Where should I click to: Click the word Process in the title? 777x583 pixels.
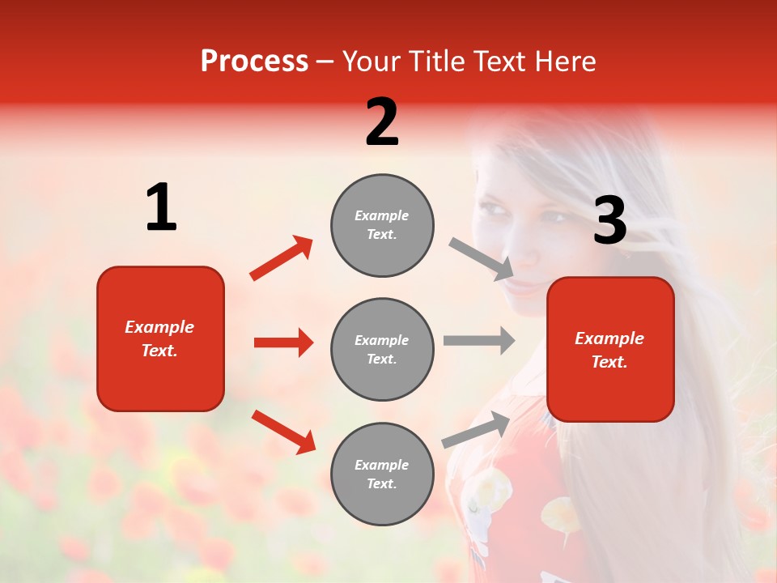254,62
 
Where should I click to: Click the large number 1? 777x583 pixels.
161,208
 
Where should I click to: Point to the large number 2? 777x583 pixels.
382,123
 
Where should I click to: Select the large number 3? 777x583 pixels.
609,221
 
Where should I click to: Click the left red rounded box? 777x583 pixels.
160,338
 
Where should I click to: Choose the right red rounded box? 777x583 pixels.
610,349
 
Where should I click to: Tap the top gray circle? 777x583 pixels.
382,225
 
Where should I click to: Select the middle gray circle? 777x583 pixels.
382,349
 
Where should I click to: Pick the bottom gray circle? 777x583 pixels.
382,474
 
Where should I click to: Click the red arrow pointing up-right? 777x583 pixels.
282,258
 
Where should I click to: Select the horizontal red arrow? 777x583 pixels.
283,343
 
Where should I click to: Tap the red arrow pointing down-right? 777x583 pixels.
283,432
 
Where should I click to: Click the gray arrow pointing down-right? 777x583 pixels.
482,258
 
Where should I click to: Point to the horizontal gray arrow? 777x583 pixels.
479,341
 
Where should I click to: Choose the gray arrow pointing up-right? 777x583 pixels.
477,430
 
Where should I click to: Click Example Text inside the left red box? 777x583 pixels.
159,338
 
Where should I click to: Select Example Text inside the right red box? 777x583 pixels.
609,350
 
